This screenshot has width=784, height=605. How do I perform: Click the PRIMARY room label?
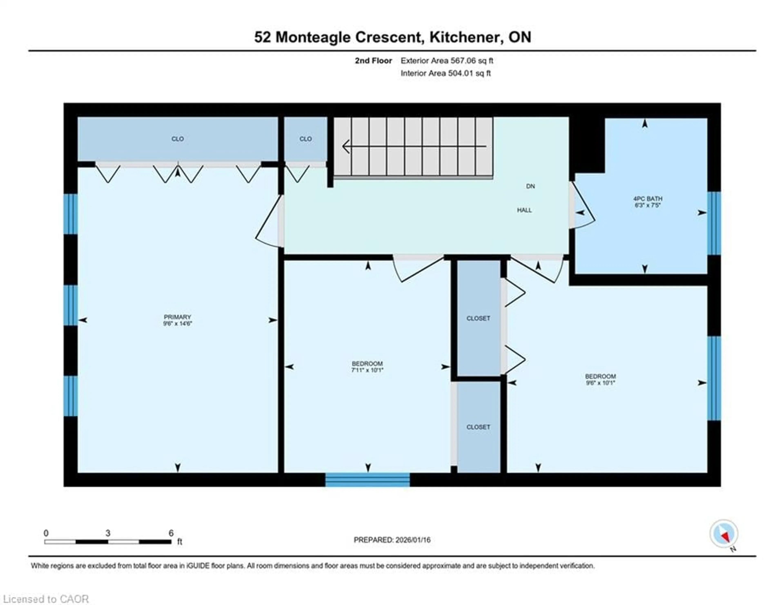pyautogui.click(x=177, y=317)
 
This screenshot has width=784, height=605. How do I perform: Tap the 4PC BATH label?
pyautogui.click(x=648, y=198)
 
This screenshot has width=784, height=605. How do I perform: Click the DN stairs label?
pyautogui.click(x=530, y=186)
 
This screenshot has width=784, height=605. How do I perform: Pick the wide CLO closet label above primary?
pyautogui.click(x=177, y=139)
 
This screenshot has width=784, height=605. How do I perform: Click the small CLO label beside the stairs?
pyautogui.click(x=305, y=139)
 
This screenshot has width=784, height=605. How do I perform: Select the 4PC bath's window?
pyautogui.click(x=714, y=223)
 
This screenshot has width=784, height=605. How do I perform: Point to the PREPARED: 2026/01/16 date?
pyautogui.click(x=392, y=540)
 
